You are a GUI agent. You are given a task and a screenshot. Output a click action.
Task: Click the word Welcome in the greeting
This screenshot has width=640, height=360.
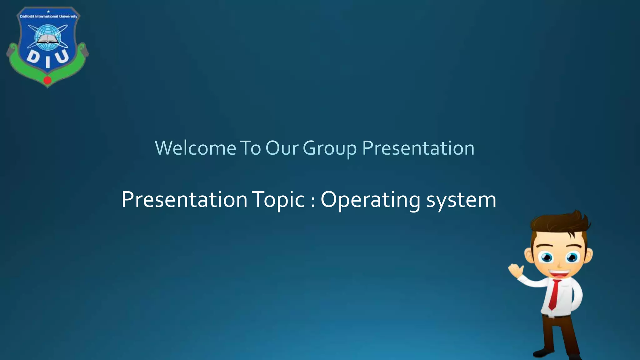[x=195, y=148]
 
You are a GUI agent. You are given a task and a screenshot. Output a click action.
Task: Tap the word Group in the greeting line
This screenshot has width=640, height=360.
[x=330, y=148]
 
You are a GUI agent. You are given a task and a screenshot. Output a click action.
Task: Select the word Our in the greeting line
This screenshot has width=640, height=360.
[x=282, y=148]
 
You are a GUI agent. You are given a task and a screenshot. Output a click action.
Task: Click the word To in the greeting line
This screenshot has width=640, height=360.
[x=250, y=148]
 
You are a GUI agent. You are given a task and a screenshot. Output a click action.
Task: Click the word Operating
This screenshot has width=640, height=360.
[x=370, y=200]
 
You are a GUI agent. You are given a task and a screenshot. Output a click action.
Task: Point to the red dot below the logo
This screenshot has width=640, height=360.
[x=47, y=80]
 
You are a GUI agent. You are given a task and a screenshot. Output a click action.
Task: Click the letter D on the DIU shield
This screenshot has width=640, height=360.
[x=32, y=57]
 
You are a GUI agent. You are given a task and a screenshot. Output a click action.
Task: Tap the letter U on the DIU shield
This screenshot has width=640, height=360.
[x=62, y=57]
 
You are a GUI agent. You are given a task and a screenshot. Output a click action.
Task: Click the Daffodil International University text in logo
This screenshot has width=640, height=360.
[x=48, y=17]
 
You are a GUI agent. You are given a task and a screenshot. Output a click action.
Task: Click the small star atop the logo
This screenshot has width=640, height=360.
[x=48, y=12]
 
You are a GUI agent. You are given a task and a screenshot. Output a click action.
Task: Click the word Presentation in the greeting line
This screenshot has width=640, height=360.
[x=418, y=148]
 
